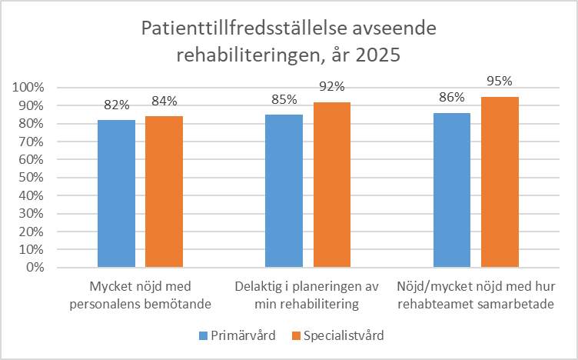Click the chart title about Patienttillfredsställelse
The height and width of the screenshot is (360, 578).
coord(288,42)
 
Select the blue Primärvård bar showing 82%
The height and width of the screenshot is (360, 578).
coord(117,194)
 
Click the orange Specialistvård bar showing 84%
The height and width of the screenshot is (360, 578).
coord(164,192)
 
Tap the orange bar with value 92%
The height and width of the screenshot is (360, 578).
coord(331,185)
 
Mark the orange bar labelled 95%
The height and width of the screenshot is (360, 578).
coord(500,182)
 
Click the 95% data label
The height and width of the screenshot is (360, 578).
coord(500,81)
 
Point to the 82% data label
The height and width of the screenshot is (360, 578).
coord(117,103)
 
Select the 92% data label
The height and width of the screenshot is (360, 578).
coord(331,86)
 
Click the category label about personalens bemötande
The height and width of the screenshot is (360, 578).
coord(140,296)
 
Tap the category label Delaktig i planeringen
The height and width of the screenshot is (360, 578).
coord(307,296)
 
